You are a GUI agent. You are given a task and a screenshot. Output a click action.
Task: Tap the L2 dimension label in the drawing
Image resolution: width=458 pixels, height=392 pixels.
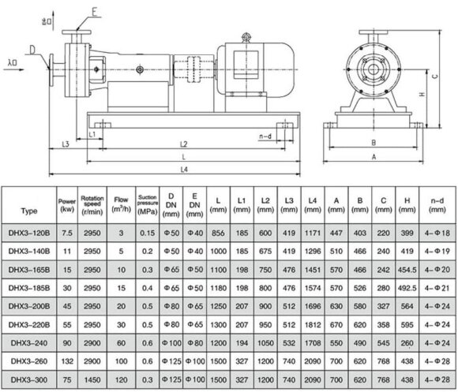coord(183,144)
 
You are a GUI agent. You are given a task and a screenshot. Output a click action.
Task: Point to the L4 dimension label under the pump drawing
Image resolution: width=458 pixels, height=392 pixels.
coord(183,169)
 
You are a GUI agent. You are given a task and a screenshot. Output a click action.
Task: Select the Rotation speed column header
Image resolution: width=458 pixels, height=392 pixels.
coord(92,203)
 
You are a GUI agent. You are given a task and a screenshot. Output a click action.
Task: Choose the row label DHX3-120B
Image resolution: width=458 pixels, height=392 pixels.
coord(29,233)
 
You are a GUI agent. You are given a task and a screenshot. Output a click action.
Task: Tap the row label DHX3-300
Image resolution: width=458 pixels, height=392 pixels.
coord(29,379)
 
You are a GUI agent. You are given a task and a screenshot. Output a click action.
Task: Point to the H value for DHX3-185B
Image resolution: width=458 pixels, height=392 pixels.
coord(407,288)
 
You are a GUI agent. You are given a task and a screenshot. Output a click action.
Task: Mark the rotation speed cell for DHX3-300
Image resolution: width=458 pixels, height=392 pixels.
coord(92,379)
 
